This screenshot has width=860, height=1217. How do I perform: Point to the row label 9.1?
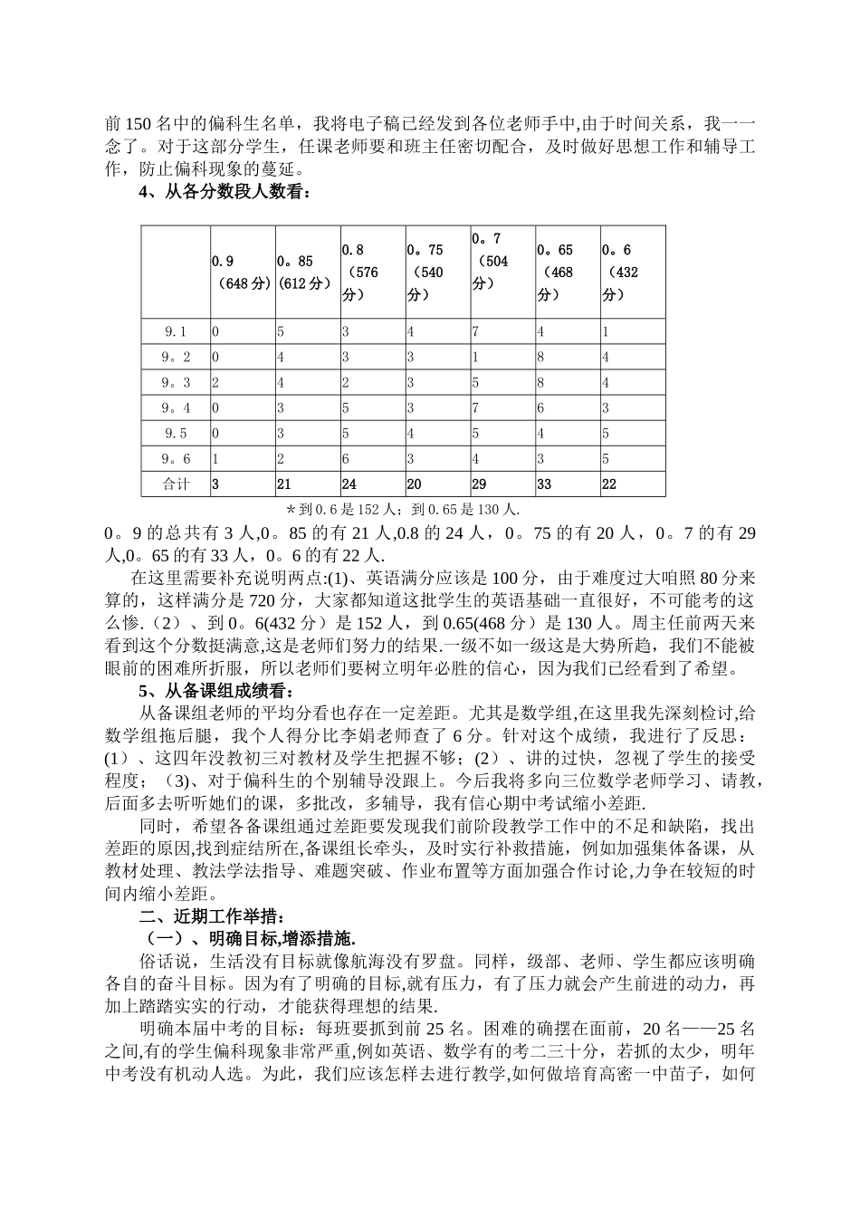175,331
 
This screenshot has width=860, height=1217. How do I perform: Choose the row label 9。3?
175,382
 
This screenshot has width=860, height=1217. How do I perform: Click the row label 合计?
175,484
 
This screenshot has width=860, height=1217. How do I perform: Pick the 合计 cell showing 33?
568,484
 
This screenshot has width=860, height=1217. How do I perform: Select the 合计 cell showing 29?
502,484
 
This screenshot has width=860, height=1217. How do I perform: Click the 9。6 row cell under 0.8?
372,458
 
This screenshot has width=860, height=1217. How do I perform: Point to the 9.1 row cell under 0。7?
502,331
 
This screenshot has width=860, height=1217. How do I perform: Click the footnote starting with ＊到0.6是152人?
403,510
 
